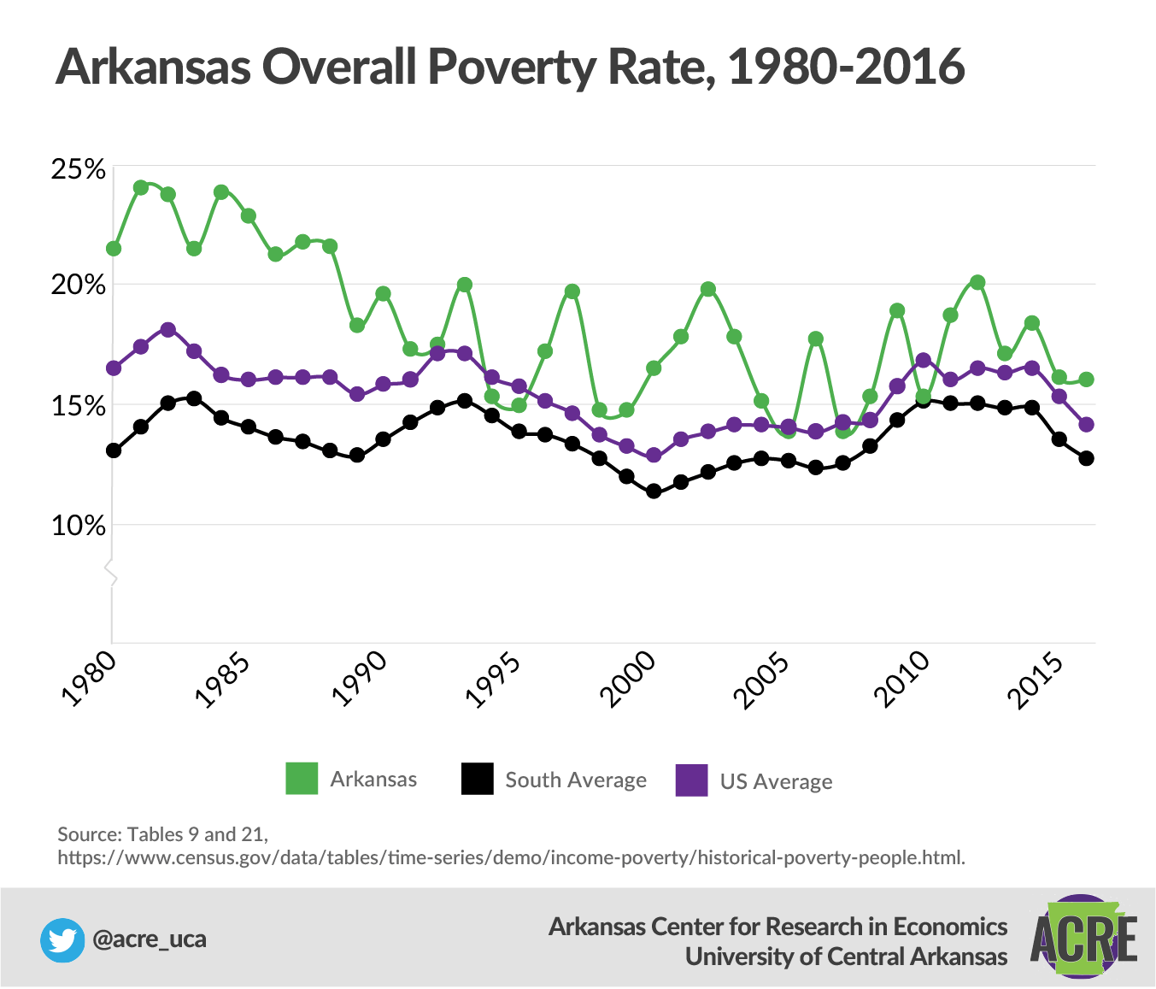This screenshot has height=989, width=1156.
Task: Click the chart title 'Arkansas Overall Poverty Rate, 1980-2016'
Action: pyautogui.click(x=510, y=67)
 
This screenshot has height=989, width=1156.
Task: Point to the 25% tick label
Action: pyautogui.click(x=79, y=170)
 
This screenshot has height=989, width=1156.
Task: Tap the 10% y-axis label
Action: pyautogui.click(x=79, y=526)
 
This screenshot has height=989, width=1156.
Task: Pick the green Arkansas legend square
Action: pyautogui.click(x=302, y=779)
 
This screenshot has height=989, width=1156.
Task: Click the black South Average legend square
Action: pyautogui.click(x=477, y=779)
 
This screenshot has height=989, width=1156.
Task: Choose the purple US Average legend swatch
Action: pyautogui.click(x=691, y=780)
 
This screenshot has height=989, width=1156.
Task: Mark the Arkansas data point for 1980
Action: pyautogui.click(x=114, y=249)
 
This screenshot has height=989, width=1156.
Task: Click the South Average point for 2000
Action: pyautogui.click(x=654, y=492)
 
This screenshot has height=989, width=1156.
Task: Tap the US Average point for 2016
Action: pyautogui.click(x=1086, y=425)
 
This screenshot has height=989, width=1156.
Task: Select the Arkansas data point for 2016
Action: pyautogui.click(x=1086, y=380)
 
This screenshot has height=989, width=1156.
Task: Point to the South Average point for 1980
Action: pyautogui.click(x=114, y=450)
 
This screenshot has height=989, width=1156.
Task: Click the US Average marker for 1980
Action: pyautogui.click(x=114, y=368)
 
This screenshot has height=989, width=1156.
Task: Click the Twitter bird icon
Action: pyautogui.click(x=62, y=940)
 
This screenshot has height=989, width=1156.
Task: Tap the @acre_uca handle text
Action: pyautogui.click(x=149, y=939)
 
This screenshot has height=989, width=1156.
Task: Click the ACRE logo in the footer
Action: pyautogui.click(x=1083, y=938)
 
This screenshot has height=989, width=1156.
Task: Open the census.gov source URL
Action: pyautogui.click(x=511, y=857)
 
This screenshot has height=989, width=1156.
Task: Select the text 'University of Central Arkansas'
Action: pyautogui.click(x=846, y=957)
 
